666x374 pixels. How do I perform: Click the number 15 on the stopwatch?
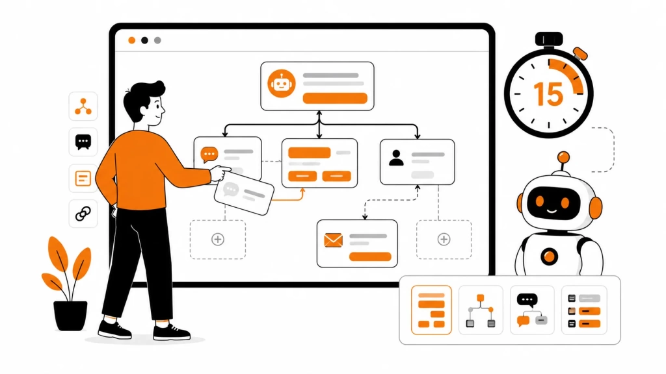coord(548,93)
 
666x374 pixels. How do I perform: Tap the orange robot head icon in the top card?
coord(281,84)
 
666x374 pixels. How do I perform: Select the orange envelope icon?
coord(333,240)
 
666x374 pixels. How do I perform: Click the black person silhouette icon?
coord(396,158)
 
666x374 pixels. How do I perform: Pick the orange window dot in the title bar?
coord(131,40)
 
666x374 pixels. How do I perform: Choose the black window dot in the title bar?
coord(144,40)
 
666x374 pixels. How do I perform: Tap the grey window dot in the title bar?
coord(157,40)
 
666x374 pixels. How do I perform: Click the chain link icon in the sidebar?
coord(83,214)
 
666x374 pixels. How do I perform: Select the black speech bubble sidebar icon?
coord(83,142)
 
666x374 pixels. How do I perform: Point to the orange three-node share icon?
coord(83,106)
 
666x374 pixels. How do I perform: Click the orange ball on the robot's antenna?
coord(563,157)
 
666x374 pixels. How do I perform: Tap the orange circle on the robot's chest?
coord(549,256)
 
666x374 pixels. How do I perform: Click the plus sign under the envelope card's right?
coord(444,239)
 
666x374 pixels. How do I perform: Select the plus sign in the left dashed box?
coord(218,239)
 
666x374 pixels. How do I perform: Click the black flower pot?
coord(70,316)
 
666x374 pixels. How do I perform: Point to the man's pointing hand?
coord(220,173)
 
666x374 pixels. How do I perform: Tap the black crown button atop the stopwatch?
coord(549,39)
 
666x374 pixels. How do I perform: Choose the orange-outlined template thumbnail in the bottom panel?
coord(431,310)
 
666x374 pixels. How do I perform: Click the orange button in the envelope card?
coord(370,256)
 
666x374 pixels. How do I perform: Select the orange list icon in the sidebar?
coord(83,178)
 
